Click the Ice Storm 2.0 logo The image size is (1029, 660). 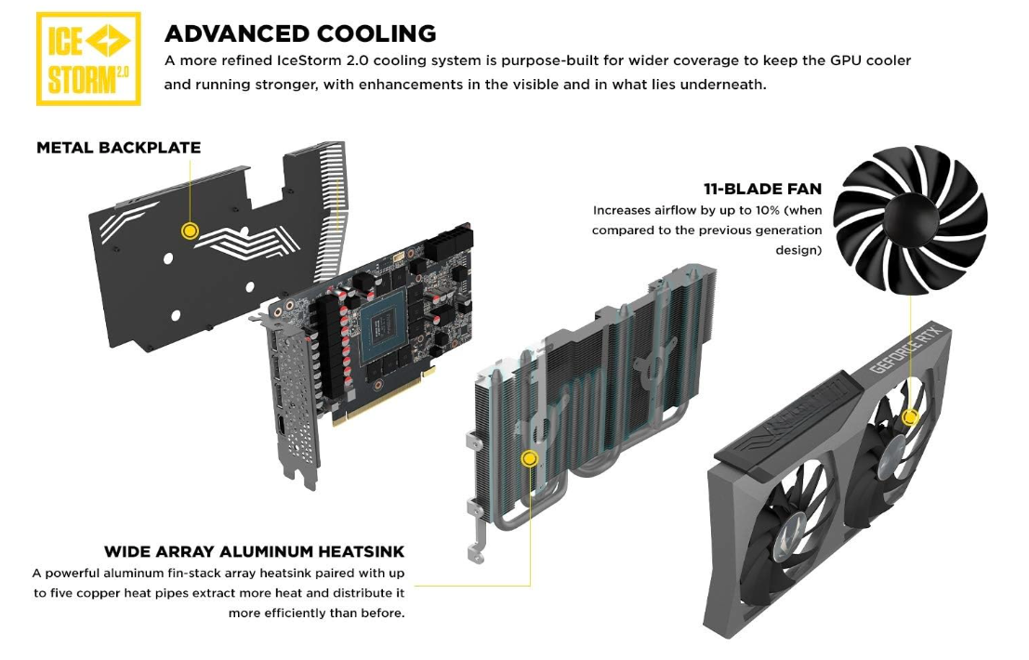(x=87, y=59)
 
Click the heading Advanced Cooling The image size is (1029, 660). (x=300, y=33)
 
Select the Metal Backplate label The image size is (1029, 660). (x=118, y=148)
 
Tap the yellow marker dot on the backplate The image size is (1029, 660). (x=190, y=231)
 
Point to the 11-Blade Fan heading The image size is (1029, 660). (x=763, y=190)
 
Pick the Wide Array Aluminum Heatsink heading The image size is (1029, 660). (x=254, y=552)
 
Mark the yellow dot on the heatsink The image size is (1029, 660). (x=530, y=457)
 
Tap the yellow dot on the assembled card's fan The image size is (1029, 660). (x=910, y=417)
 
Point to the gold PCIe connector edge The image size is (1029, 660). (x=381, y=400)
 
